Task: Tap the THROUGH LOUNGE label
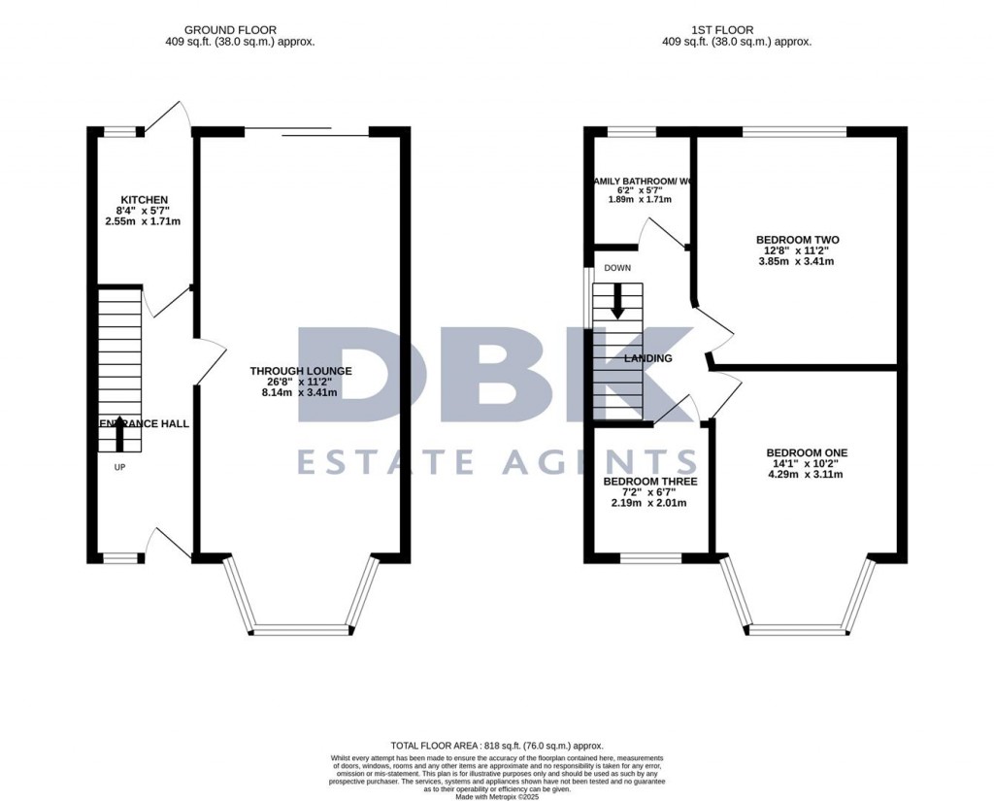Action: [300, 371]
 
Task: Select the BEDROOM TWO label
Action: [797, 240]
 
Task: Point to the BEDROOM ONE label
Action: [807, 452]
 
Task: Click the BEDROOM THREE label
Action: [649, 481]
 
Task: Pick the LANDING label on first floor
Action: [647, 358]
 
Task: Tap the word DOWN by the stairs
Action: [617, 268]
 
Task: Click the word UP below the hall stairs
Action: [119, 467]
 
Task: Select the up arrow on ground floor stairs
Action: [119, 432]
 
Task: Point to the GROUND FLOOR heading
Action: [240, 30]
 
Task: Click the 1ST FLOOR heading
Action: [737, 30]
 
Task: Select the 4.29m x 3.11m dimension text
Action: [807, 475]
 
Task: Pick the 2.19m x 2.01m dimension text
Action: [649, 503]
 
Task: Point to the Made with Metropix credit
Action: [496, 795]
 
